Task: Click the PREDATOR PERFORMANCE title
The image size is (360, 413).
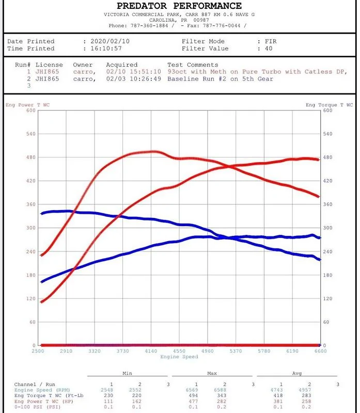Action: coord(179,6)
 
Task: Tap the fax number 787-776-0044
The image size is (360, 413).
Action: coord(222,25)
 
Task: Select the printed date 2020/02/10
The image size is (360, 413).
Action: coord(110,41)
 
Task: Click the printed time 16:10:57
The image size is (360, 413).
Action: coord(106,49)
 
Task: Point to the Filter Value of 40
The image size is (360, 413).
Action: coord(269,49)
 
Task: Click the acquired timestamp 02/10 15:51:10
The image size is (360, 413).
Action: coord(134,72)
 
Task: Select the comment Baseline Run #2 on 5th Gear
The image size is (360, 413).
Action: coord(221,79)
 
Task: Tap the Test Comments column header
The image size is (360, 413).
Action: coord(193,65)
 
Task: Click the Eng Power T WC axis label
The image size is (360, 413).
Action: coord(28,105)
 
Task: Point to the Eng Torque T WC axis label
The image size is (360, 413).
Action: coord(329,105)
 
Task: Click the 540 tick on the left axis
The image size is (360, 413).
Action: coord(31,134)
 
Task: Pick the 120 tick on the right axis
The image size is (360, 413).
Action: coord(328,298)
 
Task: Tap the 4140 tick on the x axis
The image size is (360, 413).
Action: coord(151,351)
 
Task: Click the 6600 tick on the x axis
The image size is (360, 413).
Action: coord(320,351)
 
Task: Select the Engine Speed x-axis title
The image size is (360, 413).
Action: coord(179,357)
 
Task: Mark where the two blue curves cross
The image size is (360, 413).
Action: coord(229,238)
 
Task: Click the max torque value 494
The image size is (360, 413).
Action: coord(193,395)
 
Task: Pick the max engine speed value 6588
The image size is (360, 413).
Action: coord(220,390)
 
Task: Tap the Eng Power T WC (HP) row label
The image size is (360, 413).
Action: coord(44,401)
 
